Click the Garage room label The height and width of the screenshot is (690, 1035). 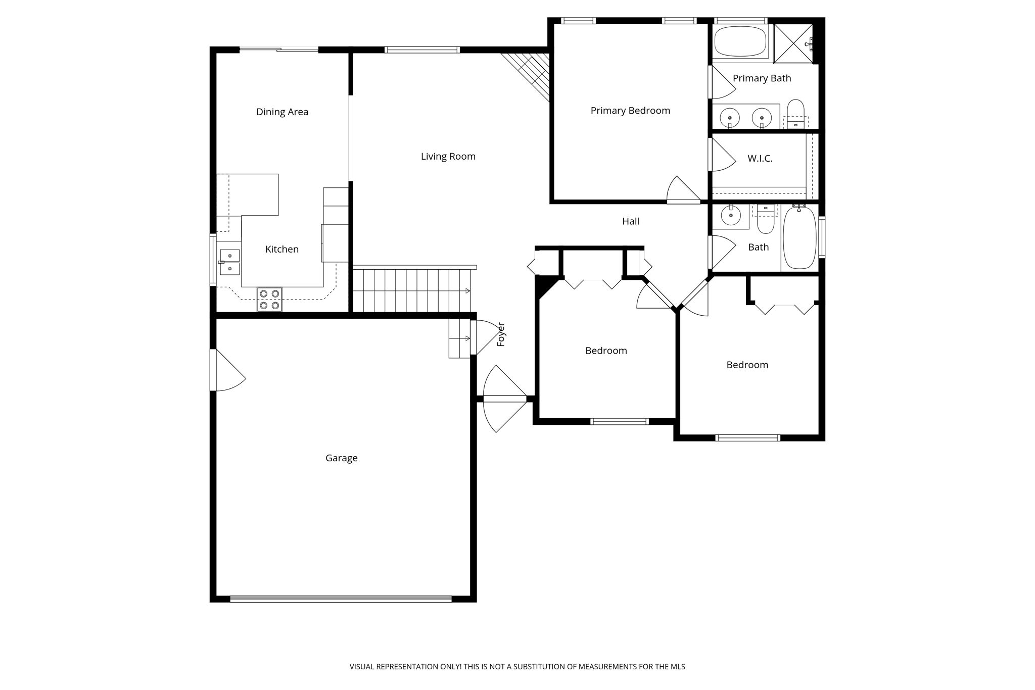pyautogui.click(x=341, y=458)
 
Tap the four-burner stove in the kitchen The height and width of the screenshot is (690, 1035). pyautogui.click(x=269, y=299)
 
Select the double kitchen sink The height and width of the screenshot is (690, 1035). pyautogui.click(x=229, y=262)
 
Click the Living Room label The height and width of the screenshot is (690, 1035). pyautogui.click(x=448, y=157)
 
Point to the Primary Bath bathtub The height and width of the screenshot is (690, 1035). pyautogui.click(x=740, y=42)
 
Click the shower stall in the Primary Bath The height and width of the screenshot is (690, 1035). pyautogui.click(x=793, y=43)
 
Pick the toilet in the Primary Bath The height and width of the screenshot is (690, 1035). pyautogui.click(x=795, y=112)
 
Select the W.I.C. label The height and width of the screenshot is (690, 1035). pyautogui.click(x=760, y=159)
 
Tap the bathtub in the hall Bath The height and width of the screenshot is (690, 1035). pyautogui.click(x=799, y=237)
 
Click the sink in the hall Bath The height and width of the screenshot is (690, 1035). pyautogui.click(x=731, y=216)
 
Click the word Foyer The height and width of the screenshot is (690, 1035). pyautogui.click(x=501, y=334)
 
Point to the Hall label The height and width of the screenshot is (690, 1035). pyautogui.click(x=630, y=221)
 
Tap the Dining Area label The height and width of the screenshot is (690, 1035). pyautogui.click(x=282, y=112)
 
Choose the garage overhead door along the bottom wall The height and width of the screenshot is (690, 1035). pyautogui.click(x=341, y=599)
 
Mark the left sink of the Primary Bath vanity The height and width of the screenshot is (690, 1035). pyautogui.click(x=730, y=118)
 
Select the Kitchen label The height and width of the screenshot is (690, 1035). pyautogui.click(x=281, y=250)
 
